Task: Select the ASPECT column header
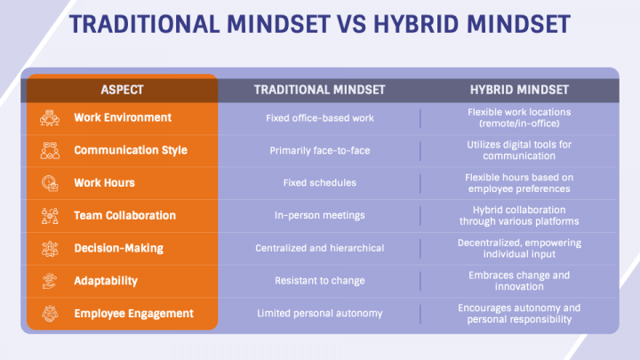pyautogui.click(x=122, y=90)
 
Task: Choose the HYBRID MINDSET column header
pyautogui.click(x=519, y=90)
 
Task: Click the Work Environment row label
pyautogui.click(x=123, y=117)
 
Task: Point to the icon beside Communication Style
pyautogui.click(x=50, y=150)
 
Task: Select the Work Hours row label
pyautogui.click(x=105, y=182)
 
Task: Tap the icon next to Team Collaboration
pyautogui.click(x=50, y=215)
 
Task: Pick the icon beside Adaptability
pyautogui.click(x=50, y=281)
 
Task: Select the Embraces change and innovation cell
pyautogui.click(x=519, y=281)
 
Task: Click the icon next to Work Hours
pyautogui.click(x=50, y=182)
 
